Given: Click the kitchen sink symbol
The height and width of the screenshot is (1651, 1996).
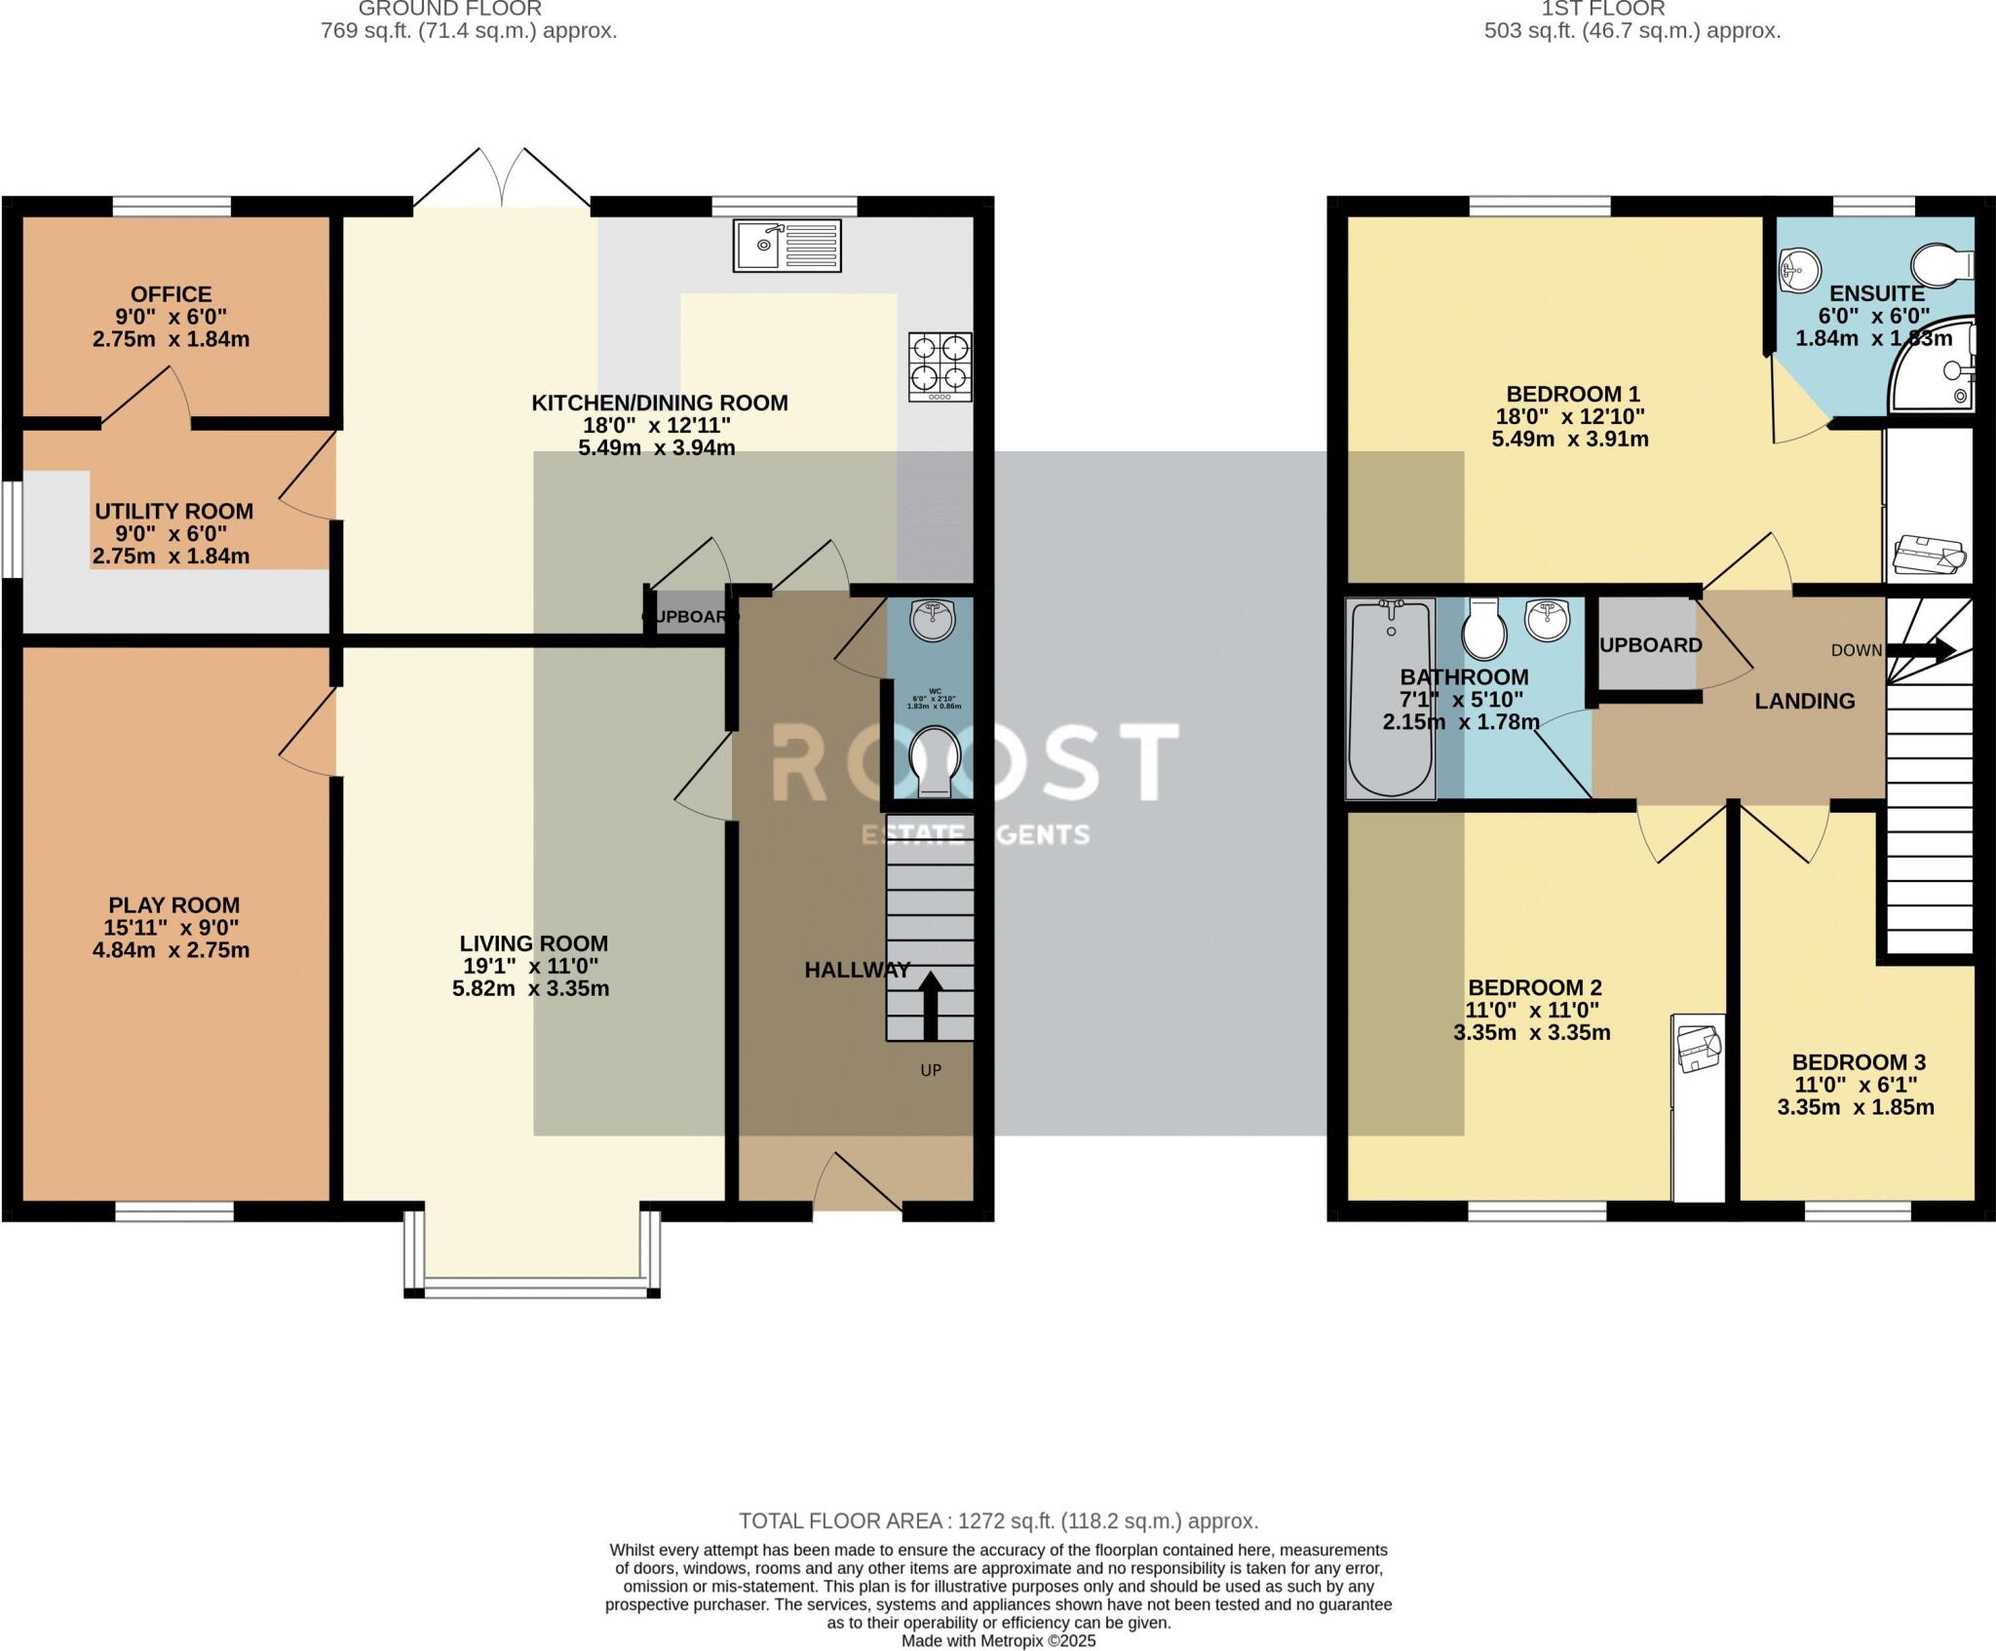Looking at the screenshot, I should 787,246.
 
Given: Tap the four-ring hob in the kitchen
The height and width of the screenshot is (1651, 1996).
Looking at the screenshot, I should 940,366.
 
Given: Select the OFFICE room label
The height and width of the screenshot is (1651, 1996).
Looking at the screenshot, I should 172,294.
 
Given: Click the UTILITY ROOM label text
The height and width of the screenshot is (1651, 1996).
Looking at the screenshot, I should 173,512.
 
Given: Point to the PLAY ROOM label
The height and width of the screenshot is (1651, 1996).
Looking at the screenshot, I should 173,905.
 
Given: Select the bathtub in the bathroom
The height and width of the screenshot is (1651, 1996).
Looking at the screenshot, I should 1391,698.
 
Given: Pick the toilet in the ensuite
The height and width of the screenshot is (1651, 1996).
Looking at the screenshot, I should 1941,264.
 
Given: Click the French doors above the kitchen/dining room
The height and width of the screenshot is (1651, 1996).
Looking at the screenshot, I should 502,180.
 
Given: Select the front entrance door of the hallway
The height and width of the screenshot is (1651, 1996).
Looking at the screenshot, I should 858,1182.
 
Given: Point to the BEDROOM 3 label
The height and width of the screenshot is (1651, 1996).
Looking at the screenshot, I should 1858,1062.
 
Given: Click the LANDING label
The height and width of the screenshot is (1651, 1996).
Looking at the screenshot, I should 1804,701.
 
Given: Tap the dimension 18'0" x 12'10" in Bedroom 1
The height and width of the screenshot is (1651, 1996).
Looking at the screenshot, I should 1569,416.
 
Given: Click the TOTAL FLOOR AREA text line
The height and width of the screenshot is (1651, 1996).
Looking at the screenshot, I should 998,1520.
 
